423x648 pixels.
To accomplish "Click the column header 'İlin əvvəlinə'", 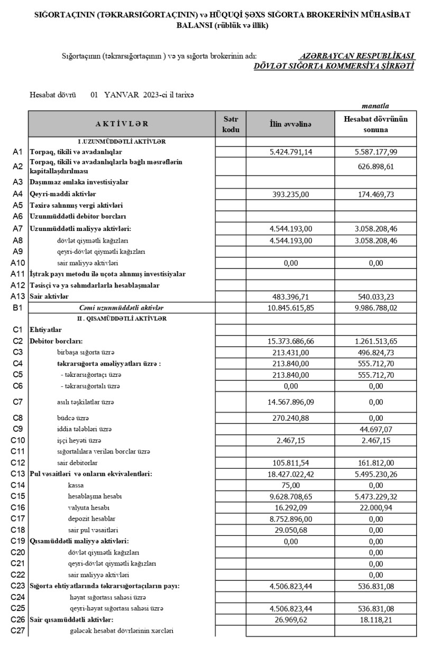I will click(290, 124).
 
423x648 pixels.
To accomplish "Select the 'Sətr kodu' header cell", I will click(231, 124).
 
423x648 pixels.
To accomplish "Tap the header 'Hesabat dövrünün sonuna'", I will click(376, 124).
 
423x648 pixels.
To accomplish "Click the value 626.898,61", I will click(376, 167).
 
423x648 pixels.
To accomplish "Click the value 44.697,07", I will click(376, 428).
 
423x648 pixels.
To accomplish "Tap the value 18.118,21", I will click(376, 619).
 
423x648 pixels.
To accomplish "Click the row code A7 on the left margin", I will click(17, 228).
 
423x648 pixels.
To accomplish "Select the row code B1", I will click(17, 308).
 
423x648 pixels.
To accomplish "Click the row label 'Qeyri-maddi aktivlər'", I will click(61, 194).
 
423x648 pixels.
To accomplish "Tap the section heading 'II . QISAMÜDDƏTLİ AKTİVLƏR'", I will click(122, 319).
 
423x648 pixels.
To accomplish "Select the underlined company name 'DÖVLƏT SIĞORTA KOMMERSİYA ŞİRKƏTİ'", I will click(334, 66).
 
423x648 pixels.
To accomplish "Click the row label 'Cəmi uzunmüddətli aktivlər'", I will click(122, 308).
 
